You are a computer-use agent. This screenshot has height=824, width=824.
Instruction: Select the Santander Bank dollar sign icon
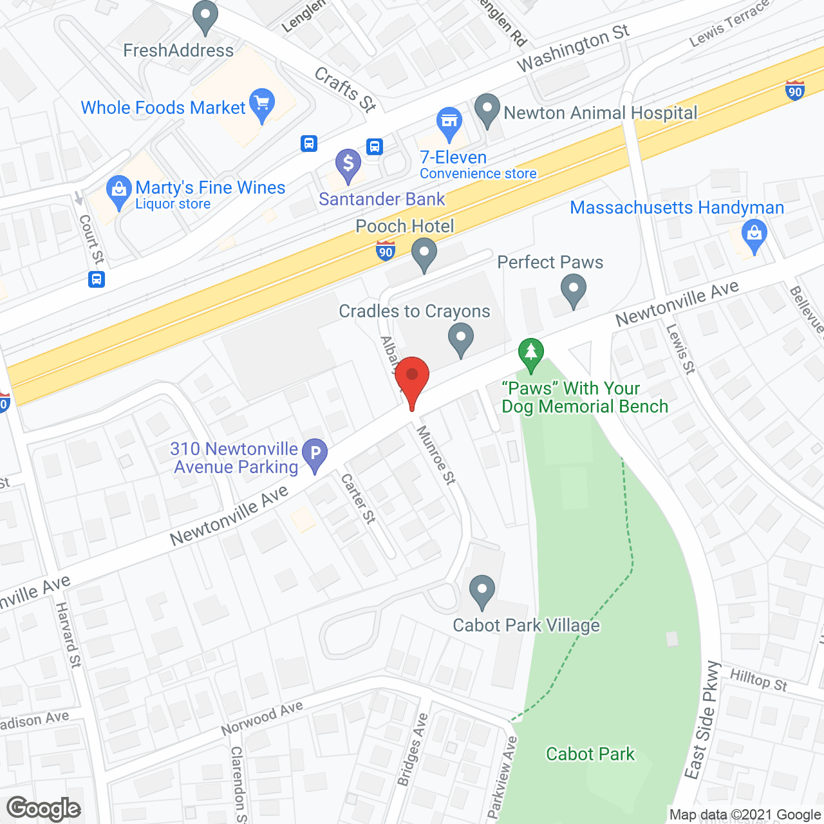pos(348,164)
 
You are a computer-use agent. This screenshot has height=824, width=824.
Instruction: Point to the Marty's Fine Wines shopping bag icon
pos(118,191)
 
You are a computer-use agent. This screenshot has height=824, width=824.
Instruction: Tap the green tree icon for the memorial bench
pos(531,353)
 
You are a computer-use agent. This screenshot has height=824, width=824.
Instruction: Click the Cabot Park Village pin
pos(482,590)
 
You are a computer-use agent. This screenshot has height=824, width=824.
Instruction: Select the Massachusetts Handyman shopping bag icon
pos(754,234)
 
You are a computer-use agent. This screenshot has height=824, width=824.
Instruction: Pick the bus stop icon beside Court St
pos(97,279)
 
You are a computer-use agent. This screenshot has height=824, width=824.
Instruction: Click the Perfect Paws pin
pos(573,289)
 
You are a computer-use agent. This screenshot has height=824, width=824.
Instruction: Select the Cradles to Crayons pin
pos(460,338)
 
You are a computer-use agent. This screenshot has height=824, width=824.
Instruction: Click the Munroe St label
pos(436,454)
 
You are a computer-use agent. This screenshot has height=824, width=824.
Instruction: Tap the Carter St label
pos(358,498)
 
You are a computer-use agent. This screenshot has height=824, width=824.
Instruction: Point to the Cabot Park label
pos(590,754)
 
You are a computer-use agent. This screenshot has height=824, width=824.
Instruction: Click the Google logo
pos(44,809)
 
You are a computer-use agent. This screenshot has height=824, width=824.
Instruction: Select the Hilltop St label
pos(758,679)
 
